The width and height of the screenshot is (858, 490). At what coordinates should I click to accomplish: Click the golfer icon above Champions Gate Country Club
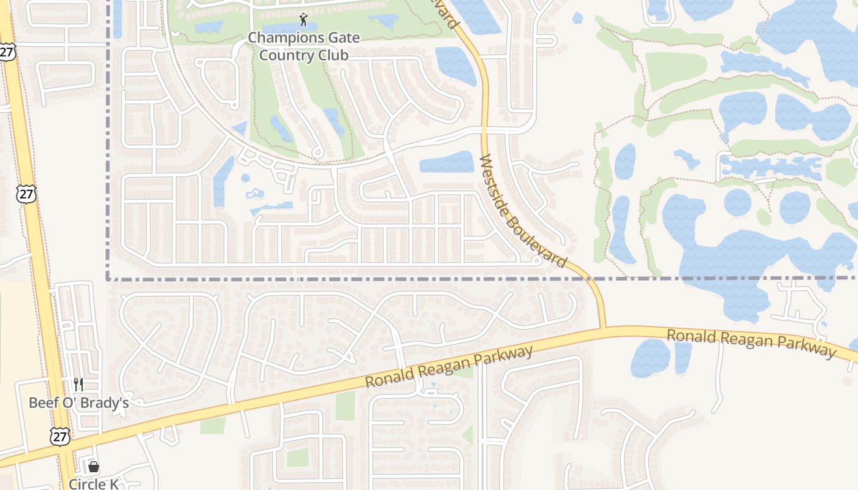303,20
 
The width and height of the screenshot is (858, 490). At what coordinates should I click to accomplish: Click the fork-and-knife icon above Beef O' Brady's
78,385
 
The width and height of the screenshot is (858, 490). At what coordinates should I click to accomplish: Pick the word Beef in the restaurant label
42,403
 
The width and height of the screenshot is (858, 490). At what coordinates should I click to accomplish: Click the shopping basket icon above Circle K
94,467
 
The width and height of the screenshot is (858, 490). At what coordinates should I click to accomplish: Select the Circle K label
93,484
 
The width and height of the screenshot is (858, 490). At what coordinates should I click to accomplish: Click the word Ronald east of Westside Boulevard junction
689,336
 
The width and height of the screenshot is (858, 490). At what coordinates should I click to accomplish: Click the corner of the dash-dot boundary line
109,279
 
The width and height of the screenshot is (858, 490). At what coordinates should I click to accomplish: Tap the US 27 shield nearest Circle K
60,437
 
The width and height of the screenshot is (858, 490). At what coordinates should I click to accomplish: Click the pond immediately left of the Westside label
447,162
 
